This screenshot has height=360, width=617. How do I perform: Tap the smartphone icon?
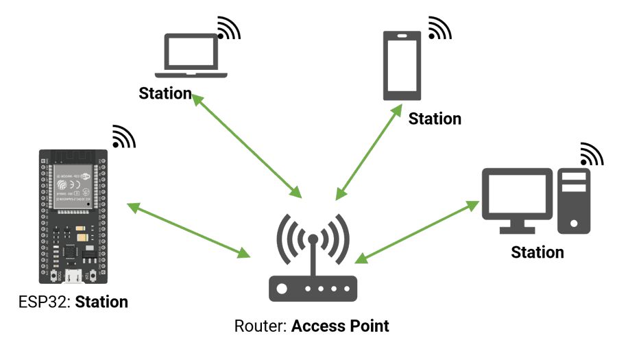pyautogui.click(x=402, y=64)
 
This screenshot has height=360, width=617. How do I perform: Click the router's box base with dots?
pyautogui.click(x=313, y=289)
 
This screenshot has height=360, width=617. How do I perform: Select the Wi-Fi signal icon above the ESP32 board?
pyautogui.click(x=123, y=136)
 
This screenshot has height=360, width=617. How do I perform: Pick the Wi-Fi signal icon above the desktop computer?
pyautogui.click(x=591, y=154)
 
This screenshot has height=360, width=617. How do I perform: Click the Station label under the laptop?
pyautogui.click(x=165, y=93)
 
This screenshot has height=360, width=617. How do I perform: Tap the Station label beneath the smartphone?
pyautogui.click(x=435, y=119)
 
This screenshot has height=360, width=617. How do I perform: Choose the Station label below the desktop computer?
pyautogui.click(x=537, y=252)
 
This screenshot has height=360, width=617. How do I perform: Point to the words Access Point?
pyautogui.click(x=340, y=325)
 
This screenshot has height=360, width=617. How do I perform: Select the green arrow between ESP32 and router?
pyautogui.click(x=189, y=230)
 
